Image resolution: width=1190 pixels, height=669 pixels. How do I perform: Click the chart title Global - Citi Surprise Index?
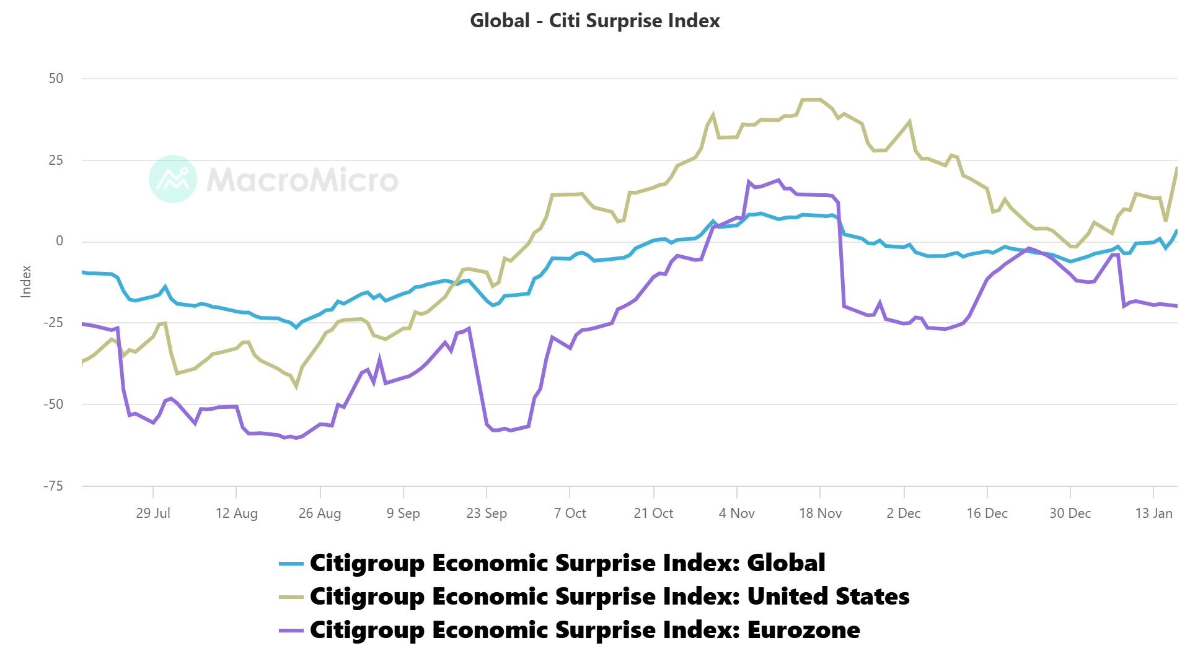coord(594,20)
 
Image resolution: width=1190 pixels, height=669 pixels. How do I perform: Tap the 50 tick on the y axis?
coord(56,79)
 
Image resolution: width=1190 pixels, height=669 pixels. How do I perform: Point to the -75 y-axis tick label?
coord(53,486)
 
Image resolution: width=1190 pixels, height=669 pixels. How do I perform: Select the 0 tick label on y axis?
coord(59,241)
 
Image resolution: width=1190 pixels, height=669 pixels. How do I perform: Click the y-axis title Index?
coord(26,281)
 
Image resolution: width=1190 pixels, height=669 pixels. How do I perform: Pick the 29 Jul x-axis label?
coord(153,513)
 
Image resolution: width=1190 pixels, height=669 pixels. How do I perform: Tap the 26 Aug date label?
coord(320,513)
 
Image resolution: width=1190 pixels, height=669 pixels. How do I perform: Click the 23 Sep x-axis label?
coord(487,513)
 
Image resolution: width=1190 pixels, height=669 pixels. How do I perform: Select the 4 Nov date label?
coord(736,513)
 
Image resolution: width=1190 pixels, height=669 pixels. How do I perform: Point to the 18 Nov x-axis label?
coord(820,513)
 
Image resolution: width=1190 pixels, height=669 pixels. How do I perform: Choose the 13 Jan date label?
coord(1153,513)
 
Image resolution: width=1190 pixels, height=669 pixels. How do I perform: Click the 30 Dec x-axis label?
coord(1070,513)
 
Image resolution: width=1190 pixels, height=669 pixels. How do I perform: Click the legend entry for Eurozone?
coord(584,630)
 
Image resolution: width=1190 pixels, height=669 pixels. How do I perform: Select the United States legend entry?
coord(609,597)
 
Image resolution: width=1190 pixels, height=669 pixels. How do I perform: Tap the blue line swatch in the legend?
coord(291,564)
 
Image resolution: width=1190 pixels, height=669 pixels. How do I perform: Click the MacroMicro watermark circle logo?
coord(173,179)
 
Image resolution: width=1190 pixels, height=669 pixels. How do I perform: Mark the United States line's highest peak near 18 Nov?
coord(811,99)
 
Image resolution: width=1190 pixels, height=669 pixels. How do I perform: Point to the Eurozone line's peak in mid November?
coord(778,180)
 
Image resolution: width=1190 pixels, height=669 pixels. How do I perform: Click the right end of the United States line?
coord(1176,168)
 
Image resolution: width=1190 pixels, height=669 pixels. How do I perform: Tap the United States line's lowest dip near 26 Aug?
coord(296,387)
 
